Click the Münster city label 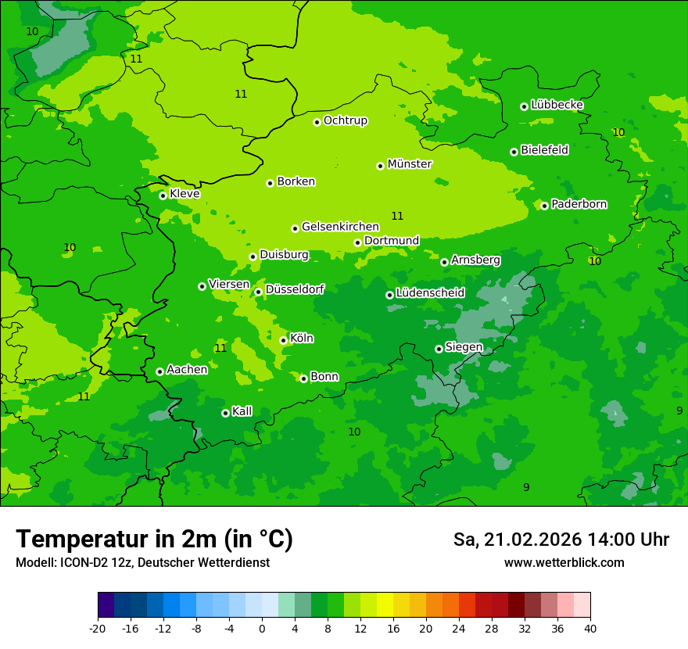point(410,164)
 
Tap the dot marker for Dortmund point(357,242)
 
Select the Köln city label point(302,339)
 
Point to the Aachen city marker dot point(159,371)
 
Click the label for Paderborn point(579,204)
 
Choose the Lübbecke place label point(557,105)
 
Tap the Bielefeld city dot point(514,152)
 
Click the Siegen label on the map point(464,347)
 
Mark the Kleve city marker point(163,195)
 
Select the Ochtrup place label point(346,120)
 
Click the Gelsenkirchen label point(340,227)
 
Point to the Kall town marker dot point(225,413)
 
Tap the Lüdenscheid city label point(431,293)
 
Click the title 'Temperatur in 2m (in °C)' point(154,539)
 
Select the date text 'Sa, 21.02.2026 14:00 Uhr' point(561,540)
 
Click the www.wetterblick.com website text point(564,562)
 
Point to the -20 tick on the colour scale point(98,628)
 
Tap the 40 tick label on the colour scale point(590,628)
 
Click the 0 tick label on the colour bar point(262,628)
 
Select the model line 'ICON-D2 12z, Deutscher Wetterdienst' point(142,562)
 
